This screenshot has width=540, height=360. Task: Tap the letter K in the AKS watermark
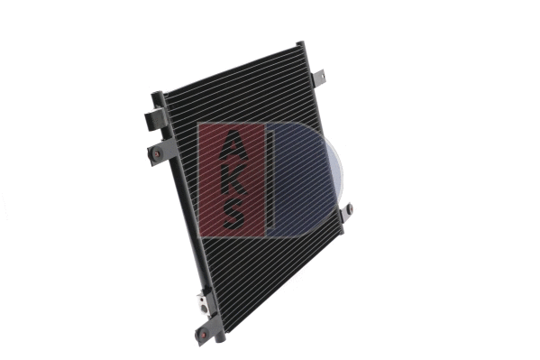pyautogui.click(x=233, y=179)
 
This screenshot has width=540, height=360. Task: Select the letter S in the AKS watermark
pyautogui.click(x=233, y=213)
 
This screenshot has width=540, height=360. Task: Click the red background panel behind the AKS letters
pyautogui.click(x=209, y=180)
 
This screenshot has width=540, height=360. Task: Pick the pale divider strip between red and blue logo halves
pyautogui.click(x=270, y=180)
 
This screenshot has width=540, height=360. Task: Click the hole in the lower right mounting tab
pyautogui.click(x=350, y=209)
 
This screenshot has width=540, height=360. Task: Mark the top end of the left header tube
pyautogui.click(x=158, y=96)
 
